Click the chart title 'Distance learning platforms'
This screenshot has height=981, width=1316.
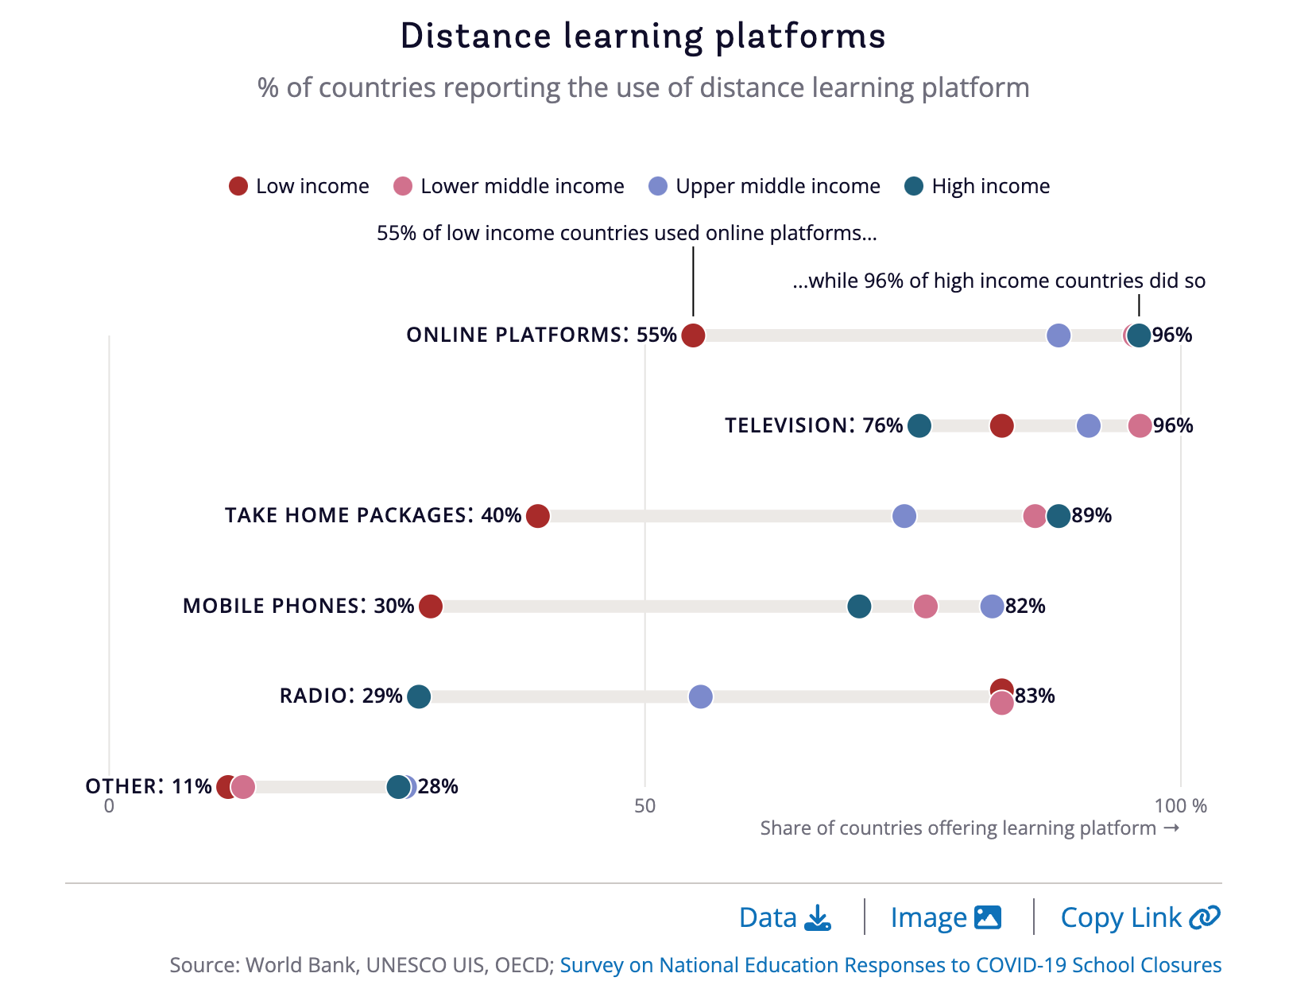coord(642,37)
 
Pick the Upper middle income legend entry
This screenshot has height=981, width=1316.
coord(764,186)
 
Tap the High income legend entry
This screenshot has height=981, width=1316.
coord(977,186)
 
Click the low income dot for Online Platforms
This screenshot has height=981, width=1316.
coord(693,335)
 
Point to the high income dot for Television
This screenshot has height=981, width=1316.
coord(919,425)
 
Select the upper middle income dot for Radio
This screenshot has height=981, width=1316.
coord(700,696)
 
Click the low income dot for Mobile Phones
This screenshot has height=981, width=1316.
coord(430,607)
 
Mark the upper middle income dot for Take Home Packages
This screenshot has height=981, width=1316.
coord(904,516)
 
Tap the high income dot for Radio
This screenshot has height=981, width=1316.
coord(419,696)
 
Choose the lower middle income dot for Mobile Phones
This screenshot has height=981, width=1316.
coord(925,607)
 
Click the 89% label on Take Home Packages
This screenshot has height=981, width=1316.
coord(1091,516)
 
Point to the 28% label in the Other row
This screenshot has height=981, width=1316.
coord(438,787)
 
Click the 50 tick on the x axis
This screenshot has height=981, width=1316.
coord(644,806)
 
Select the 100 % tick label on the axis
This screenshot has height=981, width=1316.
coord(1180,806)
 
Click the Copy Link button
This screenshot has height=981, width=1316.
coord(1140,918)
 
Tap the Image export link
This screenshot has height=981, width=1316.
coord(945,918)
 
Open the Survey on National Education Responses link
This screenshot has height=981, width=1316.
coord(890,965)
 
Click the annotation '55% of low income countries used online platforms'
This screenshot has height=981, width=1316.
coord(626,233)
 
